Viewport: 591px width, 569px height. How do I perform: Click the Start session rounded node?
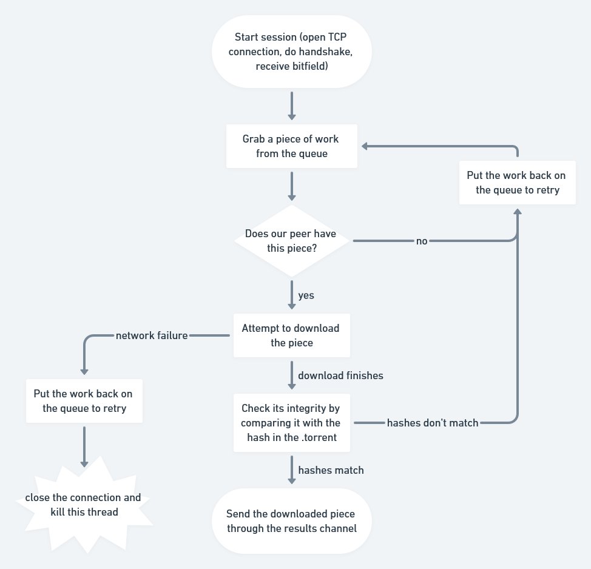tap(291, 52)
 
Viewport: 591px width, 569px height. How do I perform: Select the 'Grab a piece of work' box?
tap(291, 146)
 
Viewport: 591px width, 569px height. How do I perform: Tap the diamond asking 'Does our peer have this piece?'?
tap(291, 241)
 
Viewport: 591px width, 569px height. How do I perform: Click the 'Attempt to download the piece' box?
tap(291, 335)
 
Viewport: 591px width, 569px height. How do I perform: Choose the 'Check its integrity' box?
tap(291, 423)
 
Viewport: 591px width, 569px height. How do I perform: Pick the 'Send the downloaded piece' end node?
tap(291, 521)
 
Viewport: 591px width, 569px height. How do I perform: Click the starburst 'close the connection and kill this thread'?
tap(84, 505)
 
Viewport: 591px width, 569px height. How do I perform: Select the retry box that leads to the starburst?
tap(84, 401)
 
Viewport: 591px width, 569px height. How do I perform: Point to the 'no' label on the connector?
tap(422, 241)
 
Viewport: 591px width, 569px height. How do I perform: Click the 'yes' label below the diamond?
tap(306, 295)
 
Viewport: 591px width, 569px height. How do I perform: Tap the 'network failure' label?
tap(152, 335)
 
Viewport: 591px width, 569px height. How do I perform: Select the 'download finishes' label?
tap(340, 375)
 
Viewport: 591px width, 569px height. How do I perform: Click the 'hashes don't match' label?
tap(433, 423)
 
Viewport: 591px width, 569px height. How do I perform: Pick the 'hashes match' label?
tap(331, 470)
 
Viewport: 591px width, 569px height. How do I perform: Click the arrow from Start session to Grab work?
tap(291, 106)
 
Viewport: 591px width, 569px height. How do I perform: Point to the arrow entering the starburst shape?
tap(84, 446)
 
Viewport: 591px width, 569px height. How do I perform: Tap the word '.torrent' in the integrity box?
tap(319, 437)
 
